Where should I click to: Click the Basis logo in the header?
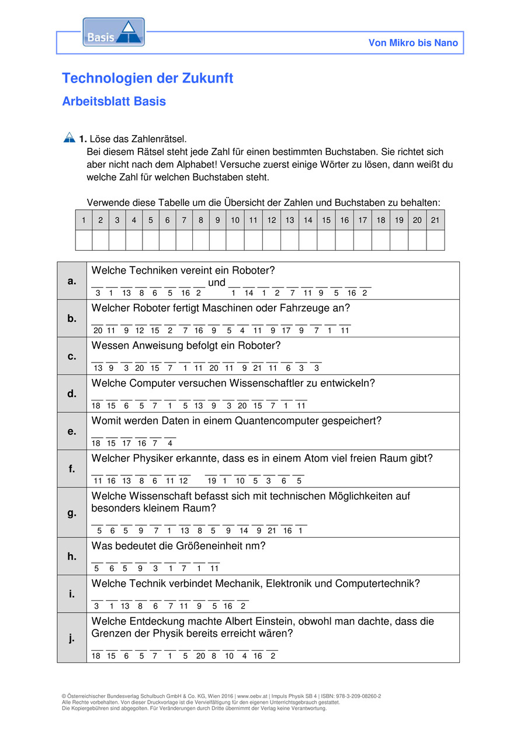pos(113,32)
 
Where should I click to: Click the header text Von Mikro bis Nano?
pos(413,43)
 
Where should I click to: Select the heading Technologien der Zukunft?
pos(147,78)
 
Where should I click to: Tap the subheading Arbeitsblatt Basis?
pos(114,101)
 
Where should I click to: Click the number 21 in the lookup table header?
pos(435,220)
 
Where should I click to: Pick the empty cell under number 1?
pos(84,240)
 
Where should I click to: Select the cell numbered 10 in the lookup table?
pos(235,220)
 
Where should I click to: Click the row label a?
pos(72,281)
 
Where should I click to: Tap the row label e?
pos(72,431)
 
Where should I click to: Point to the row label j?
pos(72,638)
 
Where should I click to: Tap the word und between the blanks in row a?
pos(217,282)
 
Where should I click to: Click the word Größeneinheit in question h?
pos(202,546)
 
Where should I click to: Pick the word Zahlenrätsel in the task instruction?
pos(160,139)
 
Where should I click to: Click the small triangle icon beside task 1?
pos(69,137)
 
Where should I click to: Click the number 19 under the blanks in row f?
pos(212,481)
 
